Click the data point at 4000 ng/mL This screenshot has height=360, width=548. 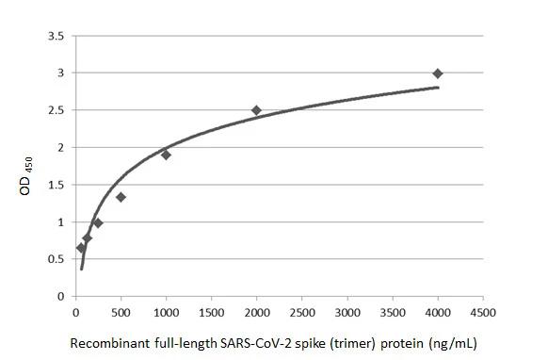click(438, 74)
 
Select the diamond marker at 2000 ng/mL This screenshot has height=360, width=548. click(256, 110)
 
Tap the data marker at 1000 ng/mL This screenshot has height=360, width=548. click(166, 155)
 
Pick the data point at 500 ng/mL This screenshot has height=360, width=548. click(121, 197)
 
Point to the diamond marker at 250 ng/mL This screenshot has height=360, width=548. click(98, 223)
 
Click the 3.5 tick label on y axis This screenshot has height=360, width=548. click(56, 36)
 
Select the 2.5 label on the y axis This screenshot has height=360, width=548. click(56, 110)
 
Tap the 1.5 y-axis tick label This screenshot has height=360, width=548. click(56, 185)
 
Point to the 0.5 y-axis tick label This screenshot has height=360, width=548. click(56, 259)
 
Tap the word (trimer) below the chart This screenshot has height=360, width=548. click(351, 343)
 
